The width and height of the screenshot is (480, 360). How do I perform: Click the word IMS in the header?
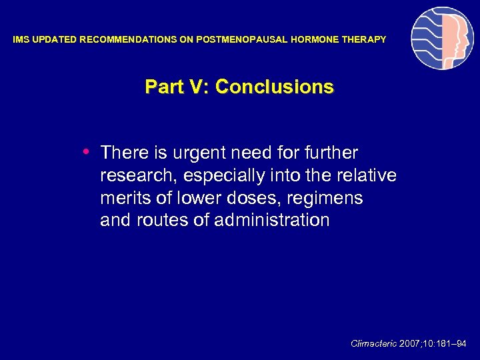point(21,40)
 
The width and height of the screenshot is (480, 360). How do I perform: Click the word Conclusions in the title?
point(275,87)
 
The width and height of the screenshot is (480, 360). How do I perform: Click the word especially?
point(226,176)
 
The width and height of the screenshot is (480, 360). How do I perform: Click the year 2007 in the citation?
point(410,343)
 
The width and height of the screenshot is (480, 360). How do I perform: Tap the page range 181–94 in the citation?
point(454,343)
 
